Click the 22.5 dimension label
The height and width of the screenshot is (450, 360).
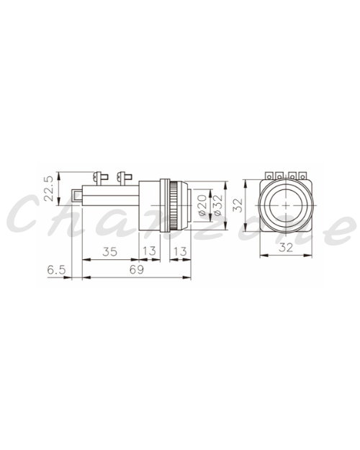point(48,188)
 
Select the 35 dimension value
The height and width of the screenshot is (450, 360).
point(110,252)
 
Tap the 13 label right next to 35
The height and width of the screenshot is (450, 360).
point(149,251)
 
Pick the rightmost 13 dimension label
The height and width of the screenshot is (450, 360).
point(180,252)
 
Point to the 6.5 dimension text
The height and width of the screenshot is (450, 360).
point(57,270)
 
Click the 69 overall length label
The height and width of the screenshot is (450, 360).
point(136,270)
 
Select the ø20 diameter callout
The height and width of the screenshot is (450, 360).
point(202,205)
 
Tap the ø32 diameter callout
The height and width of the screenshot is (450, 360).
point(218,205)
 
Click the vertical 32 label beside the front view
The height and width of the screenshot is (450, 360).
point(238,205)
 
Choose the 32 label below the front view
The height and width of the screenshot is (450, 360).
point(286,247)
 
